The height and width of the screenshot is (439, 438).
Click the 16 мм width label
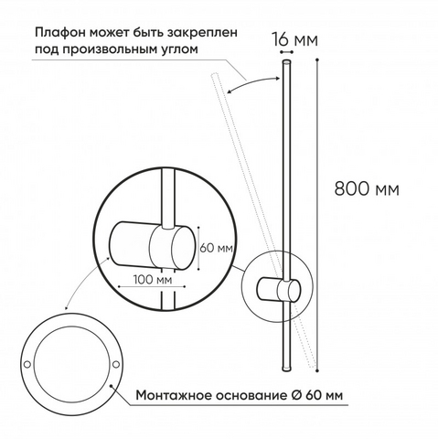(x=294, y=40)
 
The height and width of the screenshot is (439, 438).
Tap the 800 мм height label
(x=367, y=188)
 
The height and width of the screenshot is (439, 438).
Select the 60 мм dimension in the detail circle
(x=217, y=248)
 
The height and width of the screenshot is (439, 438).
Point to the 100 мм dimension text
(x=153, y=279)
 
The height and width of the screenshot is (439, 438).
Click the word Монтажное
(x=174, y=396)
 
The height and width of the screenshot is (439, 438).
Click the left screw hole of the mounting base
(x=27, y=364)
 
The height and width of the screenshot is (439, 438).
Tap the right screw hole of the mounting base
(x=116, y=364)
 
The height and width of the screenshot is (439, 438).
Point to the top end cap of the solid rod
(x=286, y=62)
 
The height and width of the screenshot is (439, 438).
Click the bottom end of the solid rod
(x=286, y=369)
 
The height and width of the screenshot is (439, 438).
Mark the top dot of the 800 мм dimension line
(x=317, y=59)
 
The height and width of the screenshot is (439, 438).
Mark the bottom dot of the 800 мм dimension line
(x=317, y=370)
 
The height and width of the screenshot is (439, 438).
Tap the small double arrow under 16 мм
(x=286, y=53)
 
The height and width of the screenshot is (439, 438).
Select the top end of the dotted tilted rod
(x=215, y=74)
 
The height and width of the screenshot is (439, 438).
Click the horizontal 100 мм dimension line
(x=152, y=286)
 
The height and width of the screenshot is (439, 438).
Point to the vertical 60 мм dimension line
(x=198, y=248)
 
